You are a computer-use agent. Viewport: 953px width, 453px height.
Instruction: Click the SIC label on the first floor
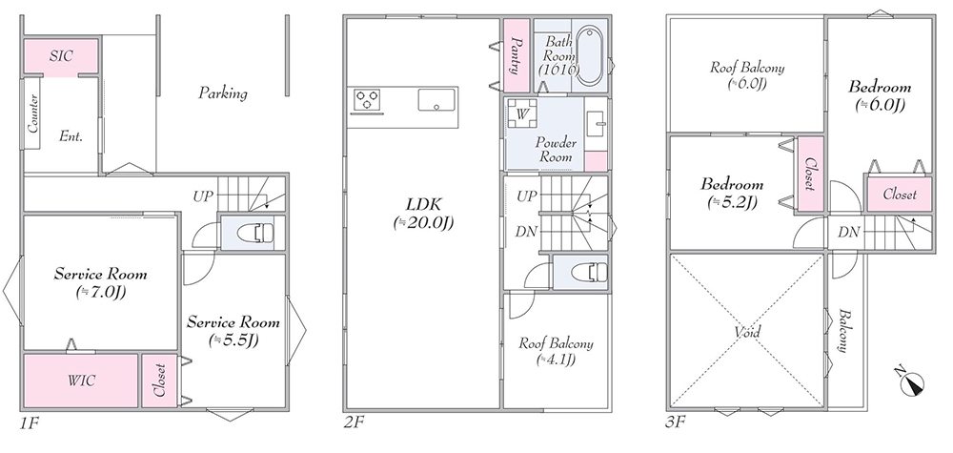pyautogui.click(x=61, y=56)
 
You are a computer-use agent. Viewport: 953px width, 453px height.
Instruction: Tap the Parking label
pyautogui.click(x=223, y=93)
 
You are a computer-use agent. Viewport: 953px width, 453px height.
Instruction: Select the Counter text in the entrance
pyautogui.click(x=32, y=113)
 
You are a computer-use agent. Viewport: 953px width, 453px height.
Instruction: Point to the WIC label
pyautogui.click(x=81, y=381)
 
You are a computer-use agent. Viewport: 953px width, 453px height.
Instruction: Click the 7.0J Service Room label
pyautogui.click(x=100, y=282)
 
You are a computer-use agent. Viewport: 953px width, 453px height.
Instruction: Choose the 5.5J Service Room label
pyautogui.click(x=233, y=331)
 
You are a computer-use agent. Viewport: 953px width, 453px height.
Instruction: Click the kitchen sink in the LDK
pyautogui.click(x=436, y=100)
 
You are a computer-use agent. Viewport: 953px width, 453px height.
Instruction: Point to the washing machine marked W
pyautogui.click(x=521, y=113)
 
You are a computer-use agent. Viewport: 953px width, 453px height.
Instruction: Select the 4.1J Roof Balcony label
pyautogui.click(x=556, y=352)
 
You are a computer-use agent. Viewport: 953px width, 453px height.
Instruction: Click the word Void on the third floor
pyautogui.click(x=747, y=333)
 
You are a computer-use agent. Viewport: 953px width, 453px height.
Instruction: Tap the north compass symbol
pyautogui.click(x=911, y=381)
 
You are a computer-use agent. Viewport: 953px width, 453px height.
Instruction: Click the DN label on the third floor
pyautogui.click(x=847, y=232)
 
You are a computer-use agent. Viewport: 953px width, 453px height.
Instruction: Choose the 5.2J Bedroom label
pyautogui.click(x=731, y=193)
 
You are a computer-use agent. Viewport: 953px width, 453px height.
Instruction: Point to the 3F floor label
pyautogui.click(x=675, y=422)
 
